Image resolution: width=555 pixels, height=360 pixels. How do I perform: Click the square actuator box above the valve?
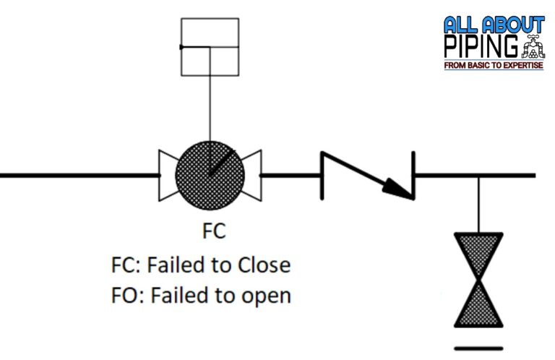point(210,46)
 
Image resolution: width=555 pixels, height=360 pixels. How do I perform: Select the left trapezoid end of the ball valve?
point(168,175)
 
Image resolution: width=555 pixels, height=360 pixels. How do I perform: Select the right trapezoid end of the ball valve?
point(252,175)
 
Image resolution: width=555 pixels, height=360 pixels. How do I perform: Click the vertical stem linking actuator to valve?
point(210,108)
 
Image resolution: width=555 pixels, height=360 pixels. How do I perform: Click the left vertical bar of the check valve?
point(319,174)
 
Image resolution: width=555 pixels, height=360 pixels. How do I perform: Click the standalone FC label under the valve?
point(213,231)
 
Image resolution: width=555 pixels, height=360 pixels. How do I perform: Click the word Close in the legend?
point(264,265)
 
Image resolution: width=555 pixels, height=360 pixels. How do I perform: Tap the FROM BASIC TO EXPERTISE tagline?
point(495,66)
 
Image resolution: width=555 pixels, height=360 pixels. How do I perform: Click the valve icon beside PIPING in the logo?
point(533,46)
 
